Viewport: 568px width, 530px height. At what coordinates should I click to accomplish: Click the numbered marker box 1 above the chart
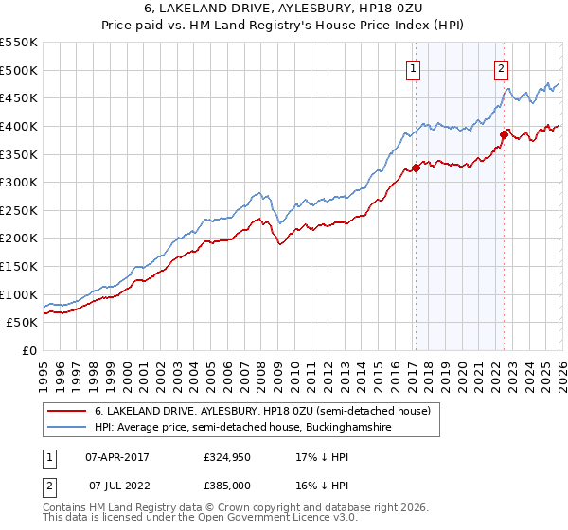415,67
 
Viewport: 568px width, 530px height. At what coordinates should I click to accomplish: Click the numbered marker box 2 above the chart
501,67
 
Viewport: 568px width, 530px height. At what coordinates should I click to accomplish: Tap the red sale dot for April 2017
416,168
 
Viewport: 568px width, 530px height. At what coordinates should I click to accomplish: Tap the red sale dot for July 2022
504,134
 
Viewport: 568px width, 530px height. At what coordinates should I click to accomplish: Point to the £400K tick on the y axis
19,126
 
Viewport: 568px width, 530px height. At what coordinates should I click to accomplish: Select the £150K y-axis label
19,267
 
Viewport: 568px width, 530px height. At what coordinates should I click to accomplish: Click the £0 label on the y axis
28,351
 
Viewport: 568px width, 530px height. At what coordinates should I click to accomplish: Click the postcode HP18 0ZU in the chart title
378,9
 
